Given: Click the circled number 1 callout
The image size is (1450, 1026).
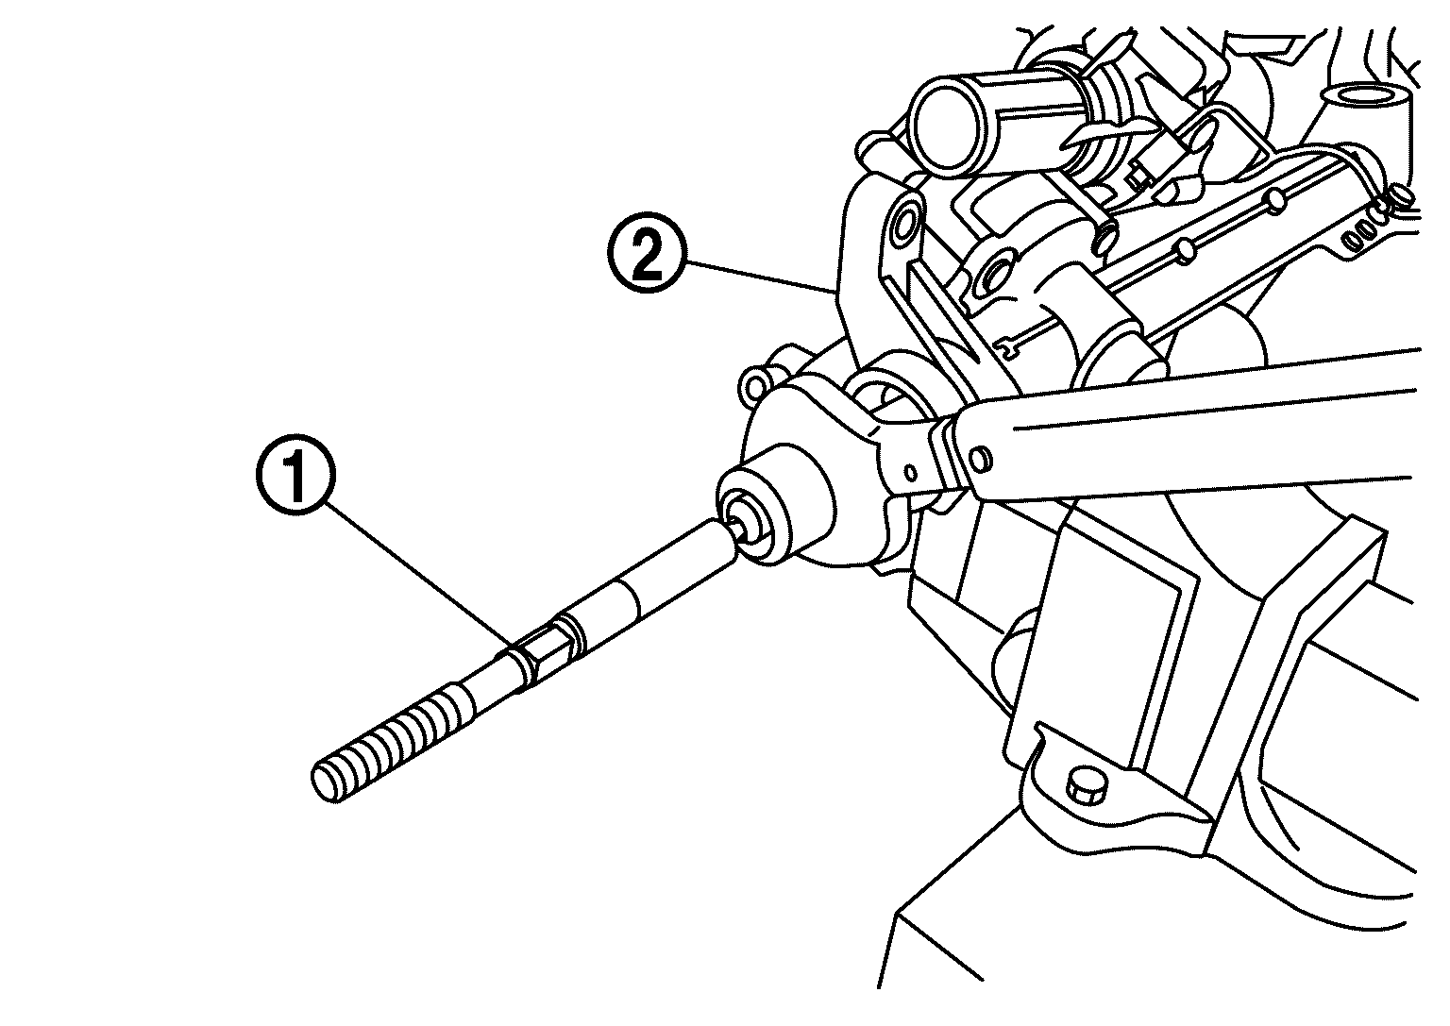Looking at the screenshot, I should pyautogui.click(x=295, y=482).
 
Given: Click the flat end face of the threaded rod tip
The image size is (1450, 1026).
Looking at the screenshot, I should pyautogui.click(x=325, y=783).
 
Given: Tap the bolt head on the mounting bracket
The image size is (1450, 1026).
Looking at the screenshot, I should pyautogui.click(x=1087, y=785).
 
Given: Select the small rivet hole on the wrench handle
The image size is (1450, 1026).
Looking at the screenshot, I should pyautogui.click(x=981, y=458).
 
